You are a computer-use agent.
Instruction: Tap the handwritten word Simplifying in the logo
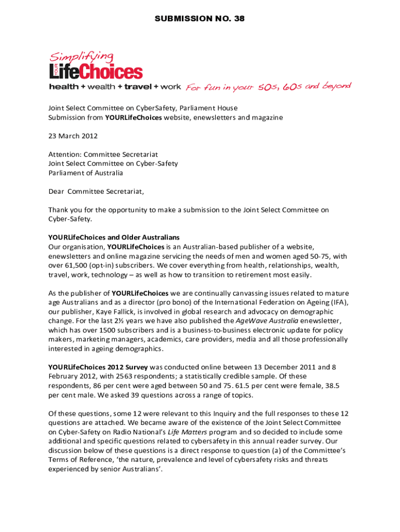(x=82, y=57)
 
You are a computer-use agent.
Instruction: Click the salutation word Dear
(x=56, y=191)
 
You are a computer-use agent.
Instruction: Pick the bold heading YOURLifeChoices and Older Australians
(x=114, y=237)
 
